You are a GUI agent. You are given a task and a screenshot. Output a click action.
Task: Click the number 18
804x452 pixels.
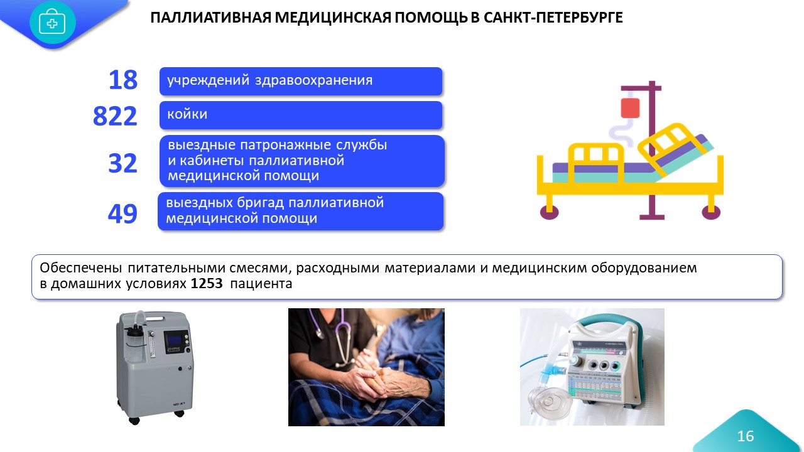click(123, 80)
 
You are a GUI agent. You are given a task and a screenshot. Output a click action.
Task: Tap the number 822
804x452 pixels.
click(115, 116)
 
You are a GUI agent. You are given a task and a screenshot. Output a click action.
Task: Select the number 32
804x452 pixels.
click(122, 163)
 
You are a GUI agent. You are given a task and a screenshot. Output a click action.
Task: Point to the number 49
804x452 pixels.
click(122, 214)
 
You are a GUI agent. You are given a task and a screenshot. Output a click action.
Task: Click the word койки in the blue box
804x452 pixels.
click(187, 114)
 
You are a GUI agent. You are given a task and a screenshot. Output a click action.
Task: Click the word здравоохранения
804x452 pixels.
click(313, 80)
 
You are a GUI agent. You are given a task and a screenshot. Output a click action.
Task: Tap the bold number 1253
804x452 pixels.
click(207, 283)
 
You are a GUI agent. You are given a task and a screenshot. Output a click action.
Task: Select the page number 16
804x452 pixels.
click(745, 436)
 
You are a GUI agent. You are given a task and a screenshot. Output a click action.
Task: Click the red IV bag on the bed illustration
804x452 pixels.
click(630, 108)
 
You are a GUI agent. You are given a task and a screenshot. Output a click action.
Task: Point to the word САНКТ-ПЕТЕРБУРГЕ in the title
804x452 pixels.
click(553, 18)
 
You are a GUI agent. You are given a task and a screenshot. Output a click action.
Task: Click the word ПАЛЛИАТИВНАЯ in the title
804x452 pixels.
click(211, 18)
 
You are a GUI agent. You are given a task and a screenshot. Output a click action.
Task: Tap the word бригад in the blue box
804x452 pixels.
click(261, 203)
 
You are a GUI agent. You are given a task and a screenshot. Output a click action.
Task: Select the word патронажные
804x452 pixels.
click(285, 145)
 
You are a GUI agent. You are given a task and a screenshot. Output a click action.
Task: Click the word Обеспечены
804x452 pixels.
click(81, 268)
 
